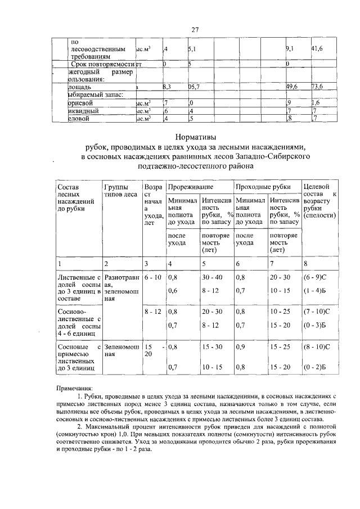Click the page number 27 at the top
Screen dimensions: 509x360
[x=195, y=30]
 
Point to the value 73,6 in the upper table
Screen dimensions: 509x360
[x=319, y=87]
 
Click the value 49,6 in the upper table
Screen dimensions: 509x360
[x=292, y=87]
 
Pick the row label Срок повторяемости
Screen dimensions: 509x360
[x=102, y=65]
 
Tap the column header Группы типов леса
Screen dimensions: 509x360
[x=120, y=191]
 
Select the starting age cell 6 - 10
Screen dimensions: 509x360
[x=152, y=277]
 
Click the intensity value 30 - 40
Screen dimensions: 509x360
[x=213, y=277]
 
